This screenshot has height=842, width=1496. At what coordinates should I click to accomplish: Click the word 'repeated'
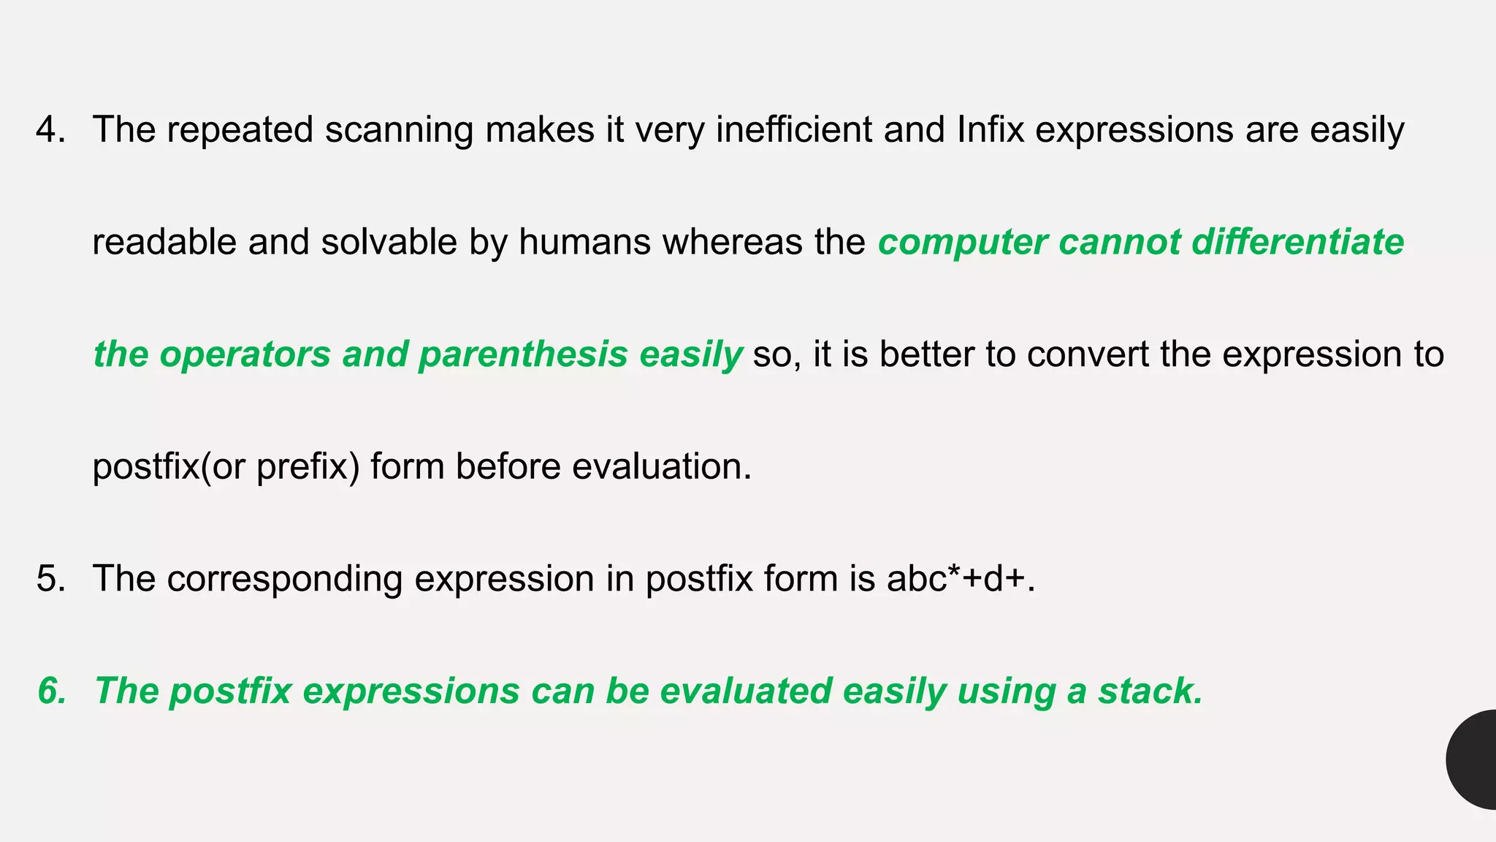[240, 130]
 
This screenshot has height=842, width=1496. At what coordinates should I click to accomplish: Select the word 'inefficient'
[793, 129]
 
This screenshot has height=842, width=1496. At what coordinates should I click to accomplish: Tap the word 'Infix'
[990, 129]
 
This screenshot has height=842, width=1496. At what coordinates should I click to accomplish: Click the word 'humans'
[584, 242]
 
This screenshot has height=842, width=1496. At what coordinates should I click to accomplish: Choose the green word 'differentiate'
[1297, 242]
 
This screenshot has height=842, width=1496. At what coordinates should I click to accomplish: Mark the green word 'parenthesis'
[523, 355]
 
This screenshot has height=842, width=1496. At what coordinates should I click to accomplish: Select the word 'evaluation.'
[662, 466]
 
